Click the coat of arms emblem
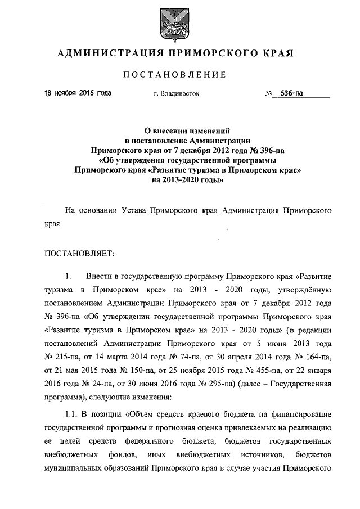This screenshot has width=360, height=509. [x=179, y=24]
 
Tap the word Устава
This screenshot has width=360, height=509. [x=134, y=211]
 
